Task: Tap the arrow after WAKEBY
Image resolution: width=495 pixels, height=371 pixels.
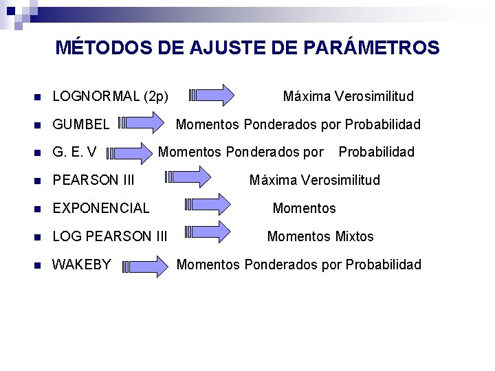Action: click(146, 266)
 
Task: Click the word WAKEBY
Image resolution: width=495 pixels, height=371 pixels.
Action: click(82, 265)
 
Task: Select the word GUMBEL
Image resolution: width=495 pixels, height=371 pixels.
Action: click(81, 124)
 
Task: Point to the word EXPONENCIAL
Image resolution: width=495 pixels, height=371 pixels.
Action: click(101, 207)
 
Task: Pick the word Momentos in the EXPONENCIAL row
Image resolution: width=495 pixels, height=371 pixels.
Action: click(304, 207)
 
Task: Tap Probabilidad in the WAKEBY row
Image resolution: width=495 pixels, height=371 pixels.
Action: click(383, 265)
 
